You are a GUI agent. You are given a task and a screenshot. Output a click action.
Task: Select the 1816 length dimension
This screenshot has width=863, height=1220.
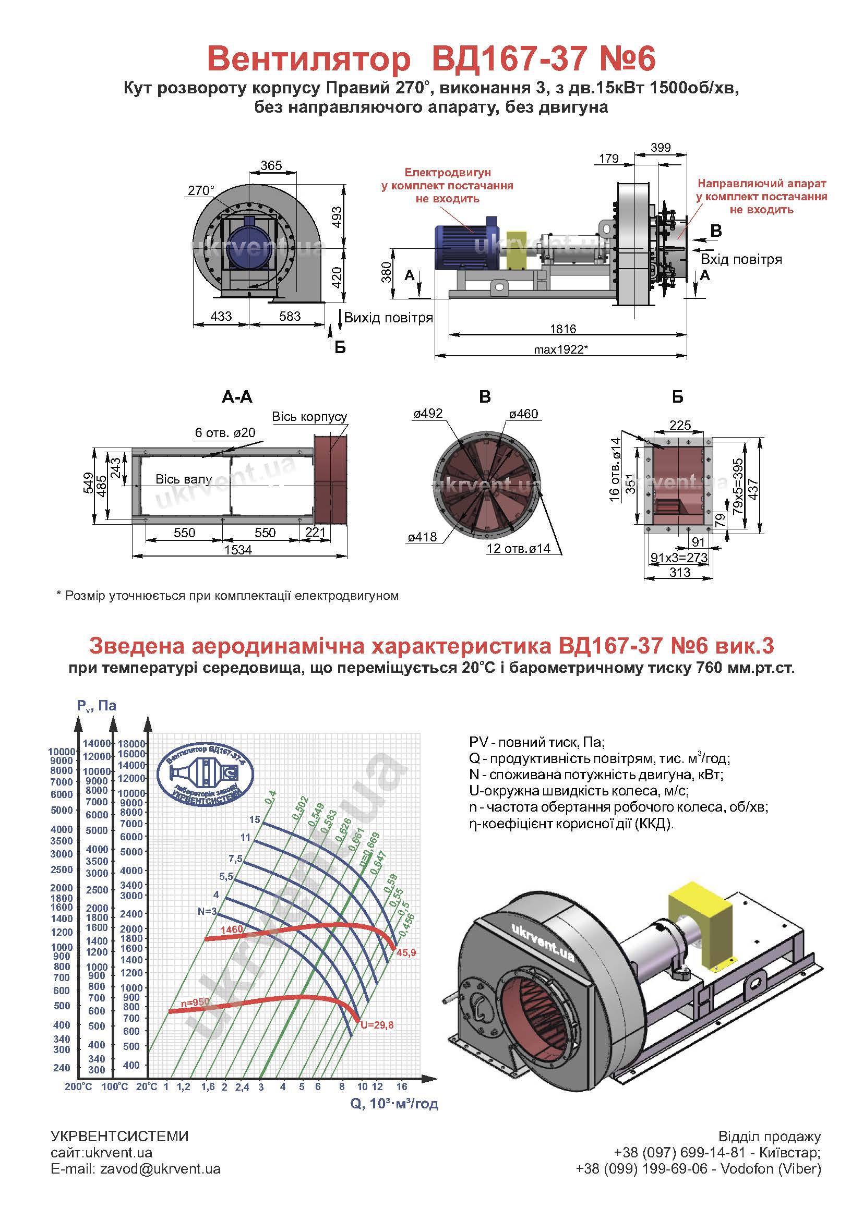tap(564, 329)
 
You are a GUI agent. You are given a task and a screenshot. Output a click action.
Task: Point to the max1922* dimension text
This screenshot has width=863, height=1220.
tap(563, 349)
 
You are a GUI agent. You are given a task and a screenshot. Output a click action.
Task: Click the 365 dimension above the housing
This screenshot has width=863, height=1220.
tap(271, 165)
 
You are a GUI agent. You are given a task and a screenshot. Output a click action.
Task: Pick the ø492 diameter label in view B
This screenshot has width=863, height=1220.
tap(428, 414)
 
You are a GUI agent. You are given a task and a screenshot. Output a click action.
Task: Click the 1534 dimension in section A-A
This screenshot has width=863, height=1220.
tap(237, 550)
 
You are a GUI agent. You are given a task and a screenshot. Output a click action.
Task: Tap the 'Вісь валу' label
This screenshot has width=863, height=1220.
tap(183, 479)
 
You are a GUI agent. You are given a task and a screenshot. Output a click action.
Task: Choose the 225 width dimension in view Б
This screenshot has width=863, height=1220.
tap(680, 425)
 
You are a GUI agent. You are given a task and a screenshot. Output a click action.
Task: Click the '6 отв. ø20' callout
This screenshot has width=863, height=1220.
tap(225, 432)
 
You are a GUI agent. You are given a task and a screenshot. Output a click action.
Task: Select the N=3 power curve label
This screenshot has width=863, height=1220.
tap(207, 911)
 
